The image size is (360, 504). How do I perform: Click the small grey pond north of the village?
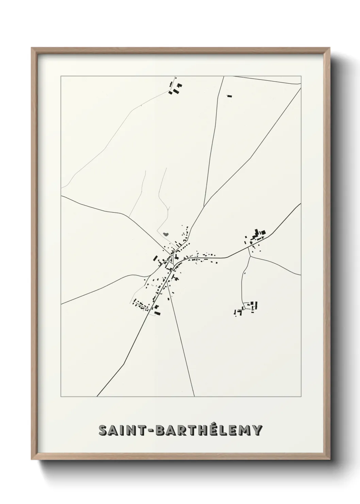(x=166, y=234)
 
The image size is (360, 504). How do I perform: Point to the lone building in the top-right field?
(x=229, y=96)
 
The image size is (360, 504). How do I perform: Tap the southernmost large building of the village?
(x=157, y=312)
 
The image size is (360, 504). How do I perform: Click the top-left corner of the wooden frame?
(x=32, y=48)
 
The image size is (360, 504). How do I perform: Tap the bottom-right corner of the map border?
(x=301, y=396)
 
